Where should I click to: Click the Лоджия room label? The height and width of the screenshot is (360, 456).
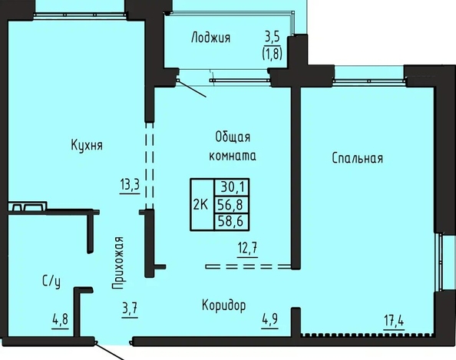210,38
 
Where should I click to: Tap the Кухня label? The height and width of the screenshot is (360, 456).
87,145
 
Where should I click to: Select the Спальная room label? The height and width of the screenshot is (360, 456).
358,158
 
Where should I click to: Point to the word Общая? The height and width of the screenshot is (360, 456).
233,137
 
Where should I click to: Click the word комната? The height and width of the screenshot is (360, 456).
233,156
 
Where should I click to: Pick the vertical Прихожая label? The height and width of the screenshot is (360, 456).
118,263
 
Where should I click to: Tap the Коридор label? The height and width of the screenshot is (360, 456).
223,306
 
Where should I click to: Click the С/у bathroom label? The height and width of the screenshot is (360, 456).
51,281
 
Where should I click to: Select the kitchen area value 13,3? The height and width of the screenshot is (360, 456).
130,184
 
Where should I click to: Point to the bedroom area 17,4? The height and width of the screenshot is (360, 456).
394,321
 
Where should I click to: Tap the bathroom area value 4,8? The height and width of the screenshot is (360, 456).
60,319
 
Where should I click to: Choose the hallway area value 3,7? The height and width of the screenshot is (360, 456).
130,309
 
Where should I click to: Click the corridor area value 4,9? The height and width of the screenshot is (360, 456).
269,319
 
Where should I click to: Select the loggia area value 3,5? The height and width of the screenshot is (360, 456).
273,37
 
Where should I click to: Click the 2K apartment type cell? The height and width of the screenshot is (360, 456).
202,205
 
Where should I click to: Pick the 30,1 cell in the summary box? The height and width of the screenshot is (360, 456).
232,187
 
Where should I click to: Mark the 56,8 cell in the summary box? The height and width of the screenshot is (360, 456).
232,205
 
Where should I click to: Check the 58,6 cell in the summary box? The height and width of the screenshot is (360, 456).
232,222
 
